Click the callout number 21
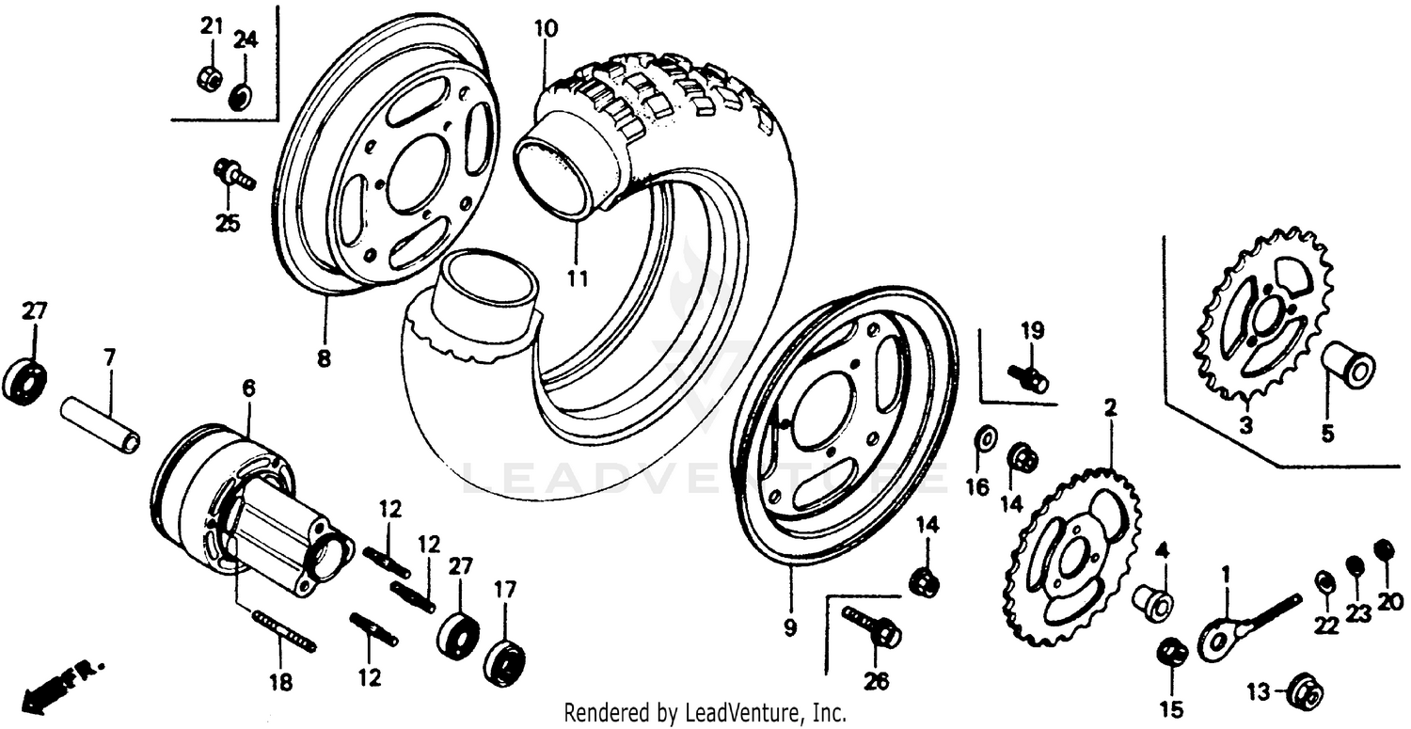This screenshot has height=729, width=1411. (x=212, y=26)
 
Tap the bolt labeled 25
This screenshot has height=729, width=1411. (x=233, y=175)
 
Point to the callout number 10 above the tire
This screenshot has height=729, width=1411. (x=546, y=28)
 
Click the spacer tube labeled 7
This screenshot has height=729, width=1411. (x=101, y=424)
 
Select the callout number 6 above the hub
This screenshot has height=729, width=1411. (x=248, y=388)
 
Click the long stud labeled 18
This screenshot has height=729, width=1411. (x=284, y=629)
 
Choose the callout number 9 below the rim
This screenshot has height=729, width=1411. (x=789, y=627)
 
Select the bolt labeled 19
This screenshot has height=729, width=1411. (x=1029, y=378)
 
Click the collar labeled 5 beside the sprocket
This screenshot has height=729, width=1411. (x=1351, y=365)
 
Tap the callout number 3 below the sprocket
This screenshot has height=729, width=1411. (x=1245, y=426)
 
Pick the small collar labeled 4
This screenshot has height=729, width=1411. (x=1153, y=600)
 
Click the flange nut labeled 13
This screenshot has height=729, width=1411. (x=1305, y=692)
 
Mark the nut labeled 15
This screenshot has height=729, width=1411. (x=1172, y=653)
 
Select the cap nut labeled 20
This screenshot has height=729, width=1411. (x=1384, y=549)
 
